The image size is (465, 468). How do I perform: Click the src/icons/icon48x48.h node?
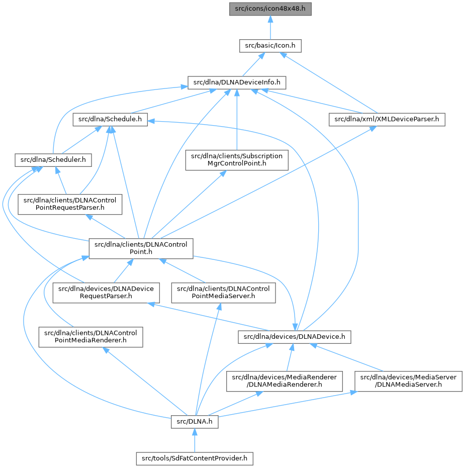[270, 8]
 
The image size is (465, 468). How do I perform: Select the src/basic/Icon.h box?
[270, 46]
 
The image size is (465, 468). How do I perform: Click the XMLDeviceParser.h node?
[387, 120]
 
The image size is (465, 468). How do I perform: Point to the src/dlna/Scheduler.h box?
[52, 160]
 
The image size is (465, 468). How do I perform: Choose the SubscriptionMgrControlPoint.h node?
[237, 160]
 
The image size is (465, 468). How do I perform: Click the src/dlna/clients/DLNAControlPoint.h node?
[141, 249]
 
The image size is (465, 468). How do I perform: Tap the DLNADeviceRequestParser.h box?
[107, 293]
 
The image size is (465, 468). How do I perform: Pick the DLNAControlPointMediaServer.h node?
[224, 293]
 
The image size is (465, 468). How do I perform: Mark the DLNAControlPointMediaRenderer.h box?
[90, 337]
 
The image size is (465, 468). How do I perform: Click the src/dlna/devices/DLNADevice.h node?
[294, 337]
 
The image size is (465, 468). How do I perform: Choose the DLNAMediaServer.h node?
[408, 381]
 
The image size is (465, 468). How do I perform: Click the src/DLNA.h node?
[195, 422]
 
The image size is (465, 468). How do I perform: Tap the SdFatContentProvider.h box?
[195, 458]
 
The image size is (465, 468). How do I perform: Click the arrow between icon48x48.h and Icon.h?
[270, 27]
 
